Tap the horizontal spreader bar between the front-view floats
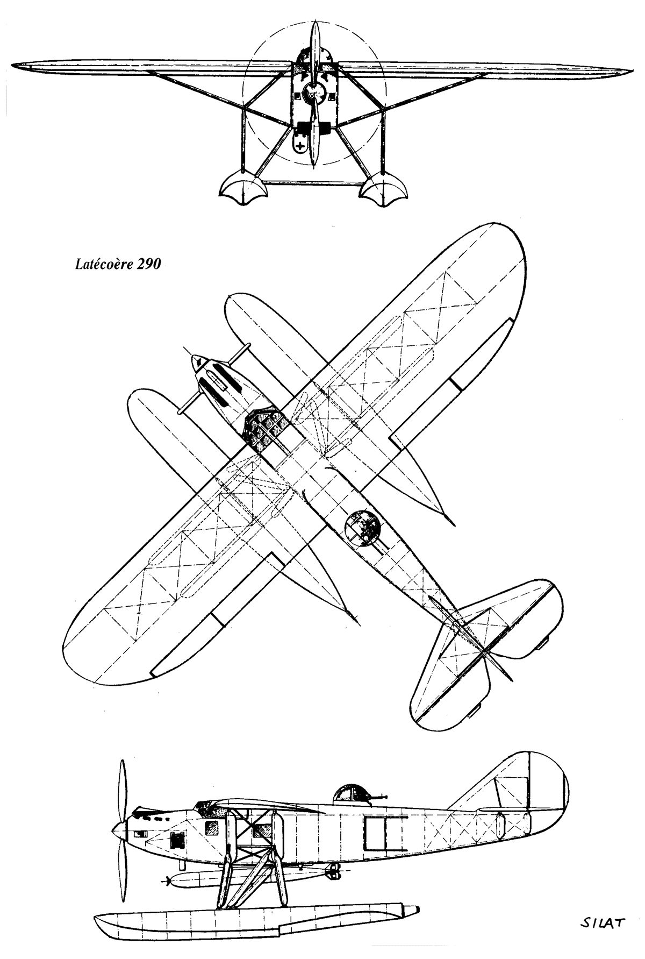(312, 182)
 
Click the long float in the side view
(256, 919)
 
